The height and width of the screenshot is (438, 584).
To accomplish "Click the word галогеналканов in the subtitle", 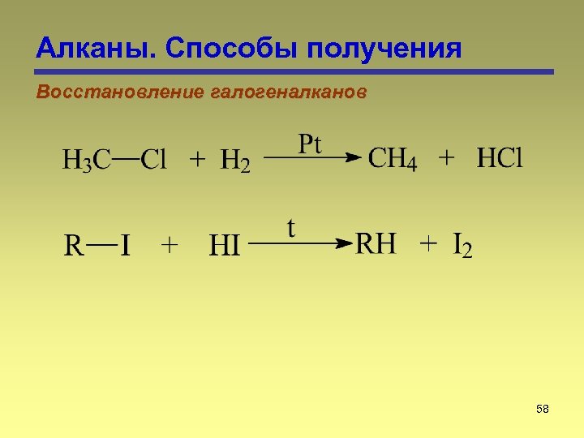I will click(288, 92).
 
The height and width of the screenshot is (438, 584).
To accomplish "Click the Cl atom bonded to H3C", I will click(154, 160).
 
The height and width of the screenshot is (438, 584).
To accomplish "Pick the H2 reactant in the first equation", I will click(234, 161).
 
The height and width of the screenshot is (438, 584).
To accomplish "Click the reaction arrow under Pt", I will click(312, 159).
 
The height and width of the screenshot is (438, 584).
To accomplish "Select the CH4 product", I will click(393, 159).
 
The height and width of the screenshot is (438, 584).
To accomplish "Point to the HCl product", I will click(500, 158).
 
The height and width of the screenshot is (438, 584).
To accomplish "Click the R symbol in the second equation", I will click(74, 245).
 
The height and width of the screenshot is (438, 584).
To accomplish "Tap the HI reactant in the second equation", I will click(225, 245).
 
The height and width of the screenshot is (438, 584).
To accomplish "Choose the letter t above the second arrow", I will click(290, 228).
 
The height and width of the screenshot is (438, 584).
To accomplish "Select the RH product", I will click(376, 243).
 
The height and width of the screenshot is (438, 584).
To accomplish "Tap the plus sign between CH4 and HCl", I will click(446, 159).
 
